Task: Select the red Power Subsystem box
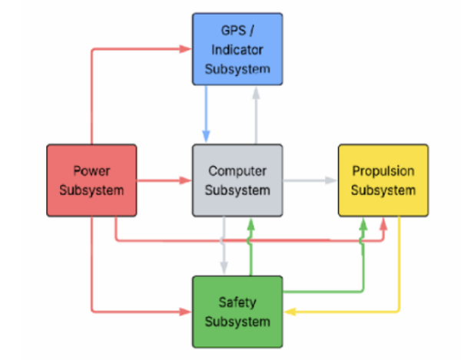click(x=91, y=180)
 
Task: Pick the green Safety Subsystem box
click(x=237, y=311)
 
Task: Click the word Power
click(x=91, y=170)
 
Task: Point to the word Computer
click(x=237, y=171)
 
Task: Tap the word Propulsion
click(x=383, y=170)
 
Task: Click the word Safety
click(x=237, y=302)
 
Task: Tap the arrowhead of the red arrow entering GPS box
click(x=187, y=48)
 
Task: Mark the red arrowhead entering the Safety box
click(x=187, y=312)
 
